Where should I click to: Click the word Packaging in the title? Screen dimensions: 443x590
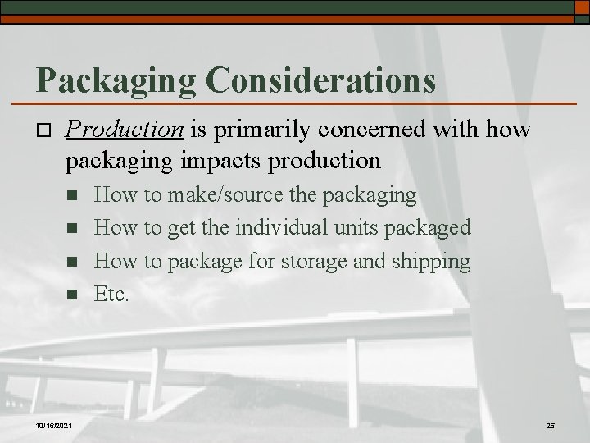pos(115,80)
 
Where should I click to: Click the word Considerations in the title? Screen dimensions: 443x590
pos(321,80)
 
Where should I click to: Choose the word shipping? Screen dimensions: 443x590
pos(434,261)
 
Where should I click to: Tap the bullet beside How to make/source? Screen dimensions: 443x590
pos(72,196)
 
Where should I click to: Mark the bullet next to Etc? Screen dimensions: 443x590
pos(72,294)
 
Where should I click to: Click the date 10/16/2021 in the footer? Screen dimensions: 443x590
pos(53,425)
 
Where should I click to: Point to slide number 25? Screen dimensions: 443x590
pos(549,425)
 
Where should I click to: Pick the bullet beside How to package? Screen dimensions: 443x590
pos(72,261)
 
